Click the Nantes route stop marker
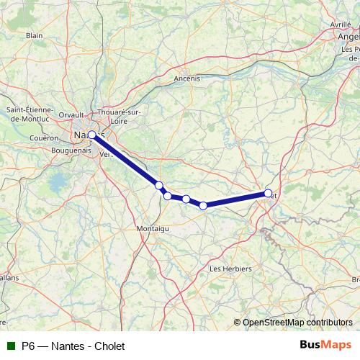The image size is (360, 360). (91, 135)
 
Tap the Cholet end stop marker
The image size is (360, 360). (269, 193)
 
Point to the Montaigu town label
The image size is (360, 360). (152, 228)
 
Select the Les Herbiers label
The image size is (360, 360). (230, 269)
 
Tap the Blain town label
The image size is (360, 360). (34, 35)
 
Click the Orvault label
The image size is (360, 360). (71, 114)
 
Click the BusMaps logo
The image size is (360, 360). (325, 345)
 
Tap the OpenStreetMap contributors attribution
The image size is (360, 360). (297, 323)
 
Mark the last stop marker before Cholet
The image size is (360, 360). (203, 206)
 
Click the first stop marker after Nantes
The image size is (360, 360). (159, 186)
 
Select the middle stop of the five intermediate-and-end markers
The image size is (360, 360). (186, 199)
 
